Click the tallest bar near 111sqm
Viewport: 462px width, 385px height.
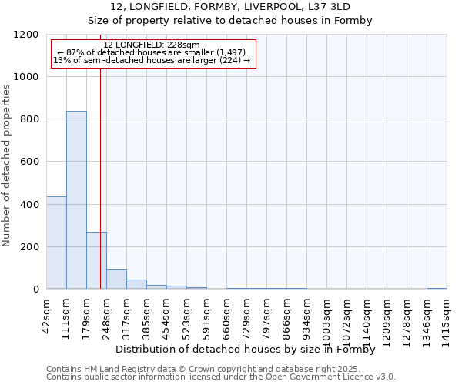pos(76,200)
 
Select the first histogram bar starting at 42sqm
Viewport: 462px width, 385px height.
pos(56,243)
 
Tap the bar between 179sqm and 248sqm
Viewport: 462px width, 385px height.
pos(96,260)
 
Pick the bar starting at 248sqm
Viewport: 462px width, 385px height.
pos(116,280)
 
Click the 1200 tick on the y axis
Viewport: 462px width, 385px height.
pos(29,35)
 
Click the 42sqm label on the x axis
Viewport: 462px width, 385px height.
pos(47,314)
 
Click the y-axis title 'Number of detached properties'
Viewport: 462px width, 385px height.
pos(8,166)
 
